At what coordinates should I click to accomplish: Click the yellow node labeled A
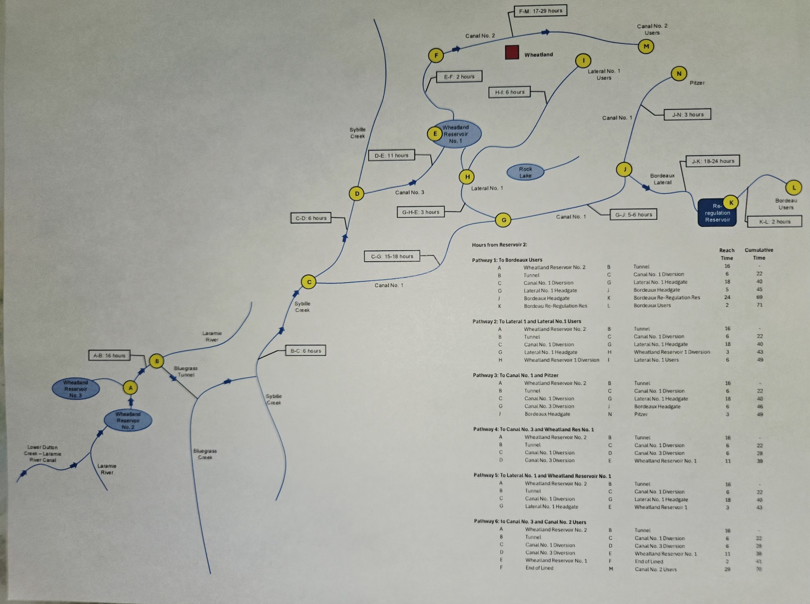point(131,388)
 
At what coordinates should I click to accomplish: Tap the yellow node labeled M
point(646,47)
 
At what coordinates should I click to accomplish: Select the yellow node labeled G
point(503,220)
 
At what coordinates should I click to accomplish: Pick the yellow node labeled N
point(679,74)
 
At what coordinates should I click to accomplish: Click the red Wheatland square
point(512,52)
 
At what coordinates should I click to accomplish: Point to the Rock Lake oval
point(525,172)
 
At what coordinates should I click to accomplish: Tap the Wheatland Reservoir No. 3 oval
point(76,389)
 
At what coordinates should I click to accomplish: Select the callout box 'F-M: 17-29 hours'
point(540,11)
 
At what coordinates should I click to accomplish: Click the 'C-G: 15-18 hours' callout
point(392,257)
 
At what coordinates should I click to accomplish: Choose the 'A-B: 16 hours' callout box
point(109,355)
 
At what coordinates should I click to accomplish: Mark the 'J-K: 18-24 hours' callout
point(713,161)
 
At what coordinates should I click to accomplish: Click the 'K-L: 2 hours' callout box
point(774,221)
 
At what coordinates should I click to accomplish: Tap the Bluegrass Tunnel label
point(185,371)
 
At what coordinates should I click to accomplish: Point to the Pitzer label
point(697,83)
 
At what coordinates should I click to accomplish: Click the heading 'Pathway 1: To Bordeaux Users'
point(507,260)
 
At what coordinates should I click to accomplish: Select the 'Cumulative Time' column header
point(759,254)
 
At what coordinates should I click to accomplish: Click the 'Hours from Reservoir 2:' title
point(499,245)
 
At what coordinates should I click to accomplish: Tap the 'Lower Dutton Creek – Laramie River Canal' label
point(43,453)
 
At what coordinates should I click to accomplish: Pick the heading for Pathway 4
point(533,429)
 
